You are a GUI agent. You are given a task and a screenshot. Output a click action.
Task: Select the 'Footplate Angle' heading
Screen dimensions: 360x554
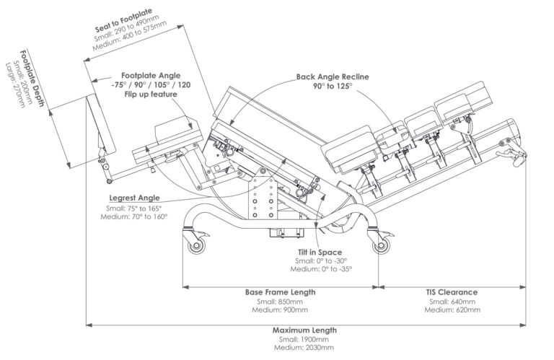tap(151, 75)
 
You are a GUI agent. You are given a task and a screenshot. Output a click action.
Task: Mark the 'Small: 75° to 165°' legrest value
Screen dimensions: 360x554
tap(136, 208)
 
